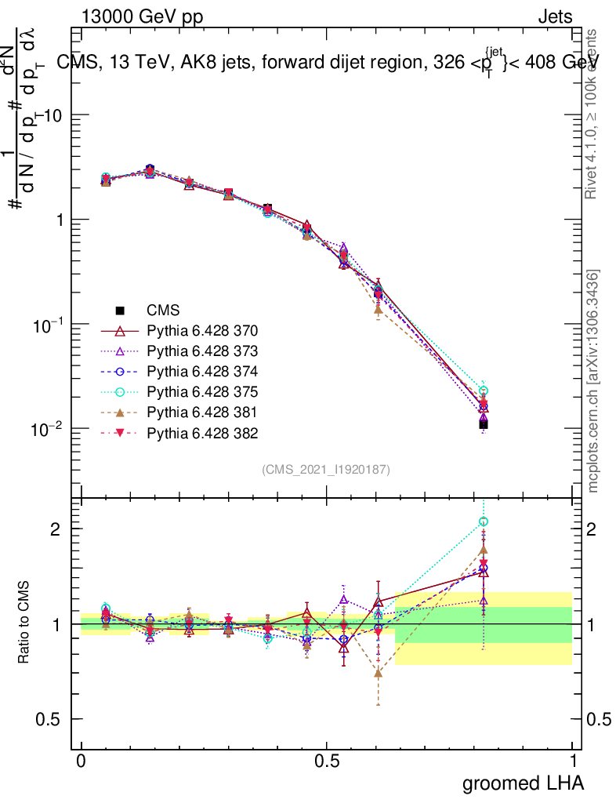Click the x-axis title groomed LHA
click(524, 783)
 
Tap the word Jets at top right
click(554, 16)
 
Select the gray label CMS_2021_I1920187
click(326, 469)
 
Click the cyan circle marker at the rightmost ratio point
click(484, 521)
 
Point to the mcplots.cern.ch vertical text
click(594, 382)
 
